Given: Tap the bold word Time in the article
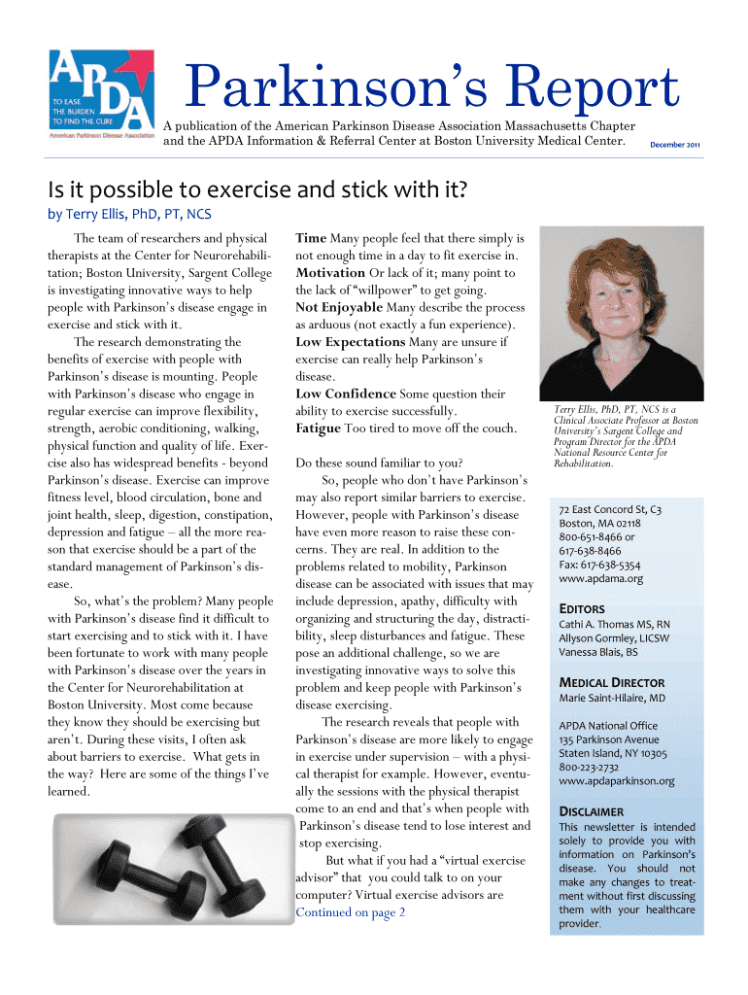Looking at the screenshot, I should coord(311,238).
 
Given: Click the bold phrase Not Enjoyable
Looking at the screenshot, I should coord(339,308).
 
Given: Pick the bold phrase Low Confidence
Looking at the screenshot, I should coord(346,395).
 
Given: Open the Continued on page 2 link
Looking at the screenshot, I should coord(350,912).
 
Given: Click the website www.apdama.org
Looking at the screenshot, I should coord(600,579).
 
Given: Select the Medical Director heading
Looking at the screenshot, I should coord(611,682).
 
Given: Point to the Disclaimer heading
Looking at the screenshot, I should coord(591,811).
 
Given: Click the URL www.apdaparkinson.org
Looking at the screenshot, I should coord(617,781).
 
